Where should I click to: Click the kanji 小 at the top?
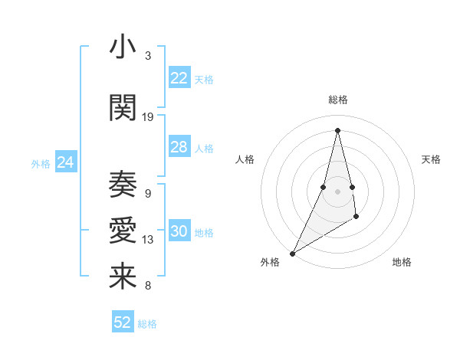(123, 47)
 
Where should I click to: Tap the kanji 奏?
(123, 184)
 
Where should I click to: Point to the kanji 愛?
(123, 231)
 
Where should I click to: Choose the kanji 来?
(123, 277)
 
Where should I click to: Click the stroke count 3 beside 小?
(147, 56)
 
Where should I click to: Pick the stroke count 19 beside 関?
(148, 116)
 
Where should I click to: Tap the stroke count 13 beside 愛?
(148, 240)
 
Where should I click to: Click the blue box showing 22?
(179, 77)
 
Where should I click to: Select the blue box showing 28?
(179, 147)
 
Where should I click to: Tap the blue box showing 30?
(179, 231)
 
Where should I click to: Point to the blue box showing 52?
(123, 322)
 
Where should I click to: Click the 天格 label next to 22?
(204, 79)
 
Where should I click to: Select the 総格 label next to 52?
(147, 324)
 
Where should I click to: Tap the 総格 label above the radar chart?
(337, 100)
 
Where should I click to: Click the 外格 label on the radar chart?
(270, 262)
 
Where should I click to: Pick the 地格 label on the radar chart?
(402, 262)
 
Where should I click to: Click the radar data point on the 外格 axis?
(292, 253)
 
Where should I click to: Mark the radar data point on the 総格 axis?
(337, 130)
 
